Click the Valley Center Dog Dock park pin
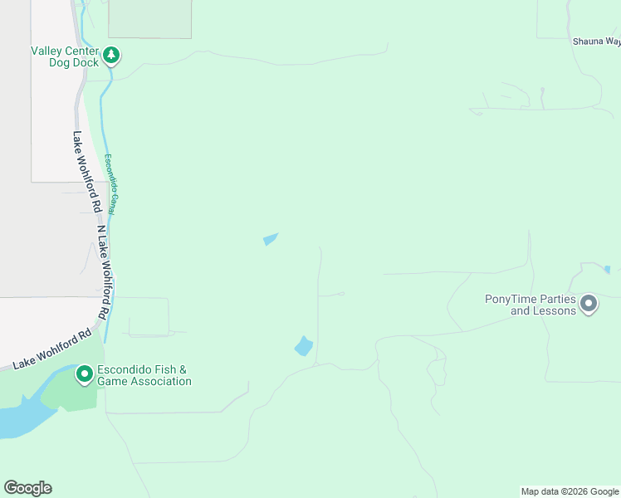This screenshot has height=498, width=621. click(x=111, y=56)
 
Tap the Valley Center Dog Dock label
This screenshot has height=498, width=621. click(x=65, y=56)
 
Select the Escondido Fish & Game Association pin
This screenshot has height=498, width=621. click(x=84, y=374)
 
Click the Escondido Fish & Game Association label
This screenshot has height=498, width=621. click(x=144, y=376)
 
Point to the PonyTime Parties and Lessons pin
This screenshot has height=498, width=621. click(x=589, y=304)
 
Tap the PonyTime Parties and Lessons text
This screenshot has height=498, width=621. click(x=531, y=305)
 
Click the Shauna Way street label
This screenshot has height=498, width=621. click(x=596, y=41)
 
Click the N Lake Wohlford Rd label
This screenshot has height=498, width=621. click(x=102, y=273)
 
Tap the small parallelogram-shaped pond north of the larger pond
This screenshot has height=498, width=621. click(x=271, y=240)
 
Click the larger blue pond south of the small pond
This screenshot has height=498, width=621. click(x=304, y=346)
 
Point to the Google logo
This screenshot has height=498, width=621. click(x=27, y=488)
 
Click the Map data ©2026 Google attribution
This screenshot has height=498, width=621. click(x=570, y=491)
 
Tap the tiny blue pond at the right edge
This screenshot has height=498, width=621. click(x=608, y=270)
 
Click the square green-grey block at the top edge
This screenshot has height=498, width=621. click(x=149, y=18)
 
